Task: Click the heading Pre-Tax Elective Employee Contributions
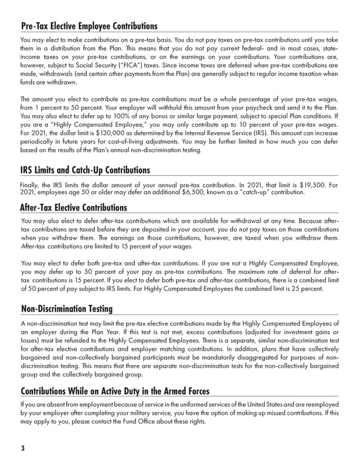coord(89,26)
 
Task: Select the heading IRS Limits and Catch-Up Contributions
coord(85,171)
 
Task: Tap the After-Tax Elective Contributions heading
coord(74,208)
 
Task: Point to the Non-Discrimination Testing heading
coord(67,309)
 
